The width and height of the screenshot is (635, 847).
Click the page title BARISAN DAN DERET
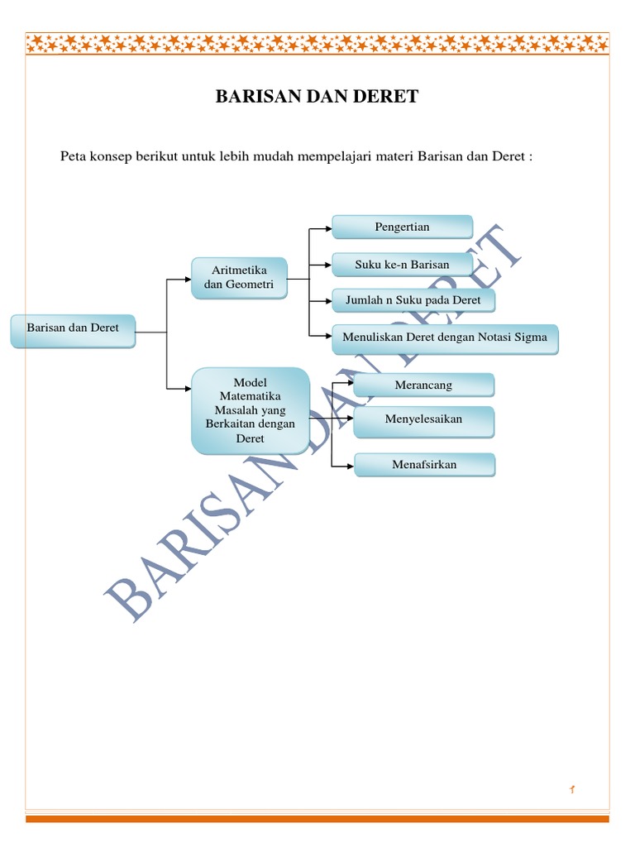[x=317, y=97]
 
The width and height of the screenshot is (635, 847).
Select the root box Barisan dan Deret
[x=73, y=328]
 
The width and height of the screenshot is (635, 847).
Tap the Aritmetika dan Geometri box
[x=239, y=279]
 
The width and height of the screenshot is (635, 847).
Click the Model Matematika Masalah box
[x=250, y=410]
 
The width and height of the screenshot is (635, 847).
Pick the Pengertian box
[x=402, y=227]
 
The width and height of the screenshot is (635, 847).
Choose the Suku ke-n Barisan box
[x=402, y=265]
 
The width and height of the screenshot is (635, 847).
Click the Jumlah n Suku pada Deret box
[x=413, y=300]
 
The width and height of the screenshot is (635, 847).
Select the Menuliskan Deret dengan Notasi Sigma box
[x=445, y=338]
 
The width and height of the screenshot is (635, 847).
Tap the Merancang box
[x=423, y=385]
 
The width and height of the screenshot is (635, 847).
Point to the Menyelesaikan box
[x=423, y=420]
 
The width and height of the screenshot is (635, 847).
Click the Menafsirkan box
[x=423, y=465]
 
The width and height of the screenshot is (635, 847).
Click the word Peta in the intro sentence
[x=74, y=156]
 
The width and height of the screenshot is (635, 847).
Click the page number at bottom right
[x=571, y=792]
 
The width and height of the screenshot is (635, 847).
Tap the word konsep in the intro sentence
[x=111, y=156]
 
